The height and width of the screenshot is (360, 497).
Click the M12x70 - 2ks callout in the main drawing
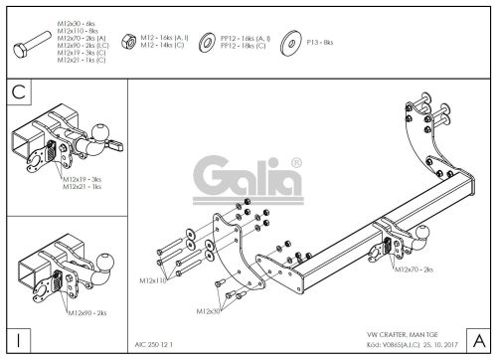[x=414, y=269]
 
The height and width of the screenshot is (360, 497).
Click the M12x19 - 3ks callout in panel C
[x=83, y=178]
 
